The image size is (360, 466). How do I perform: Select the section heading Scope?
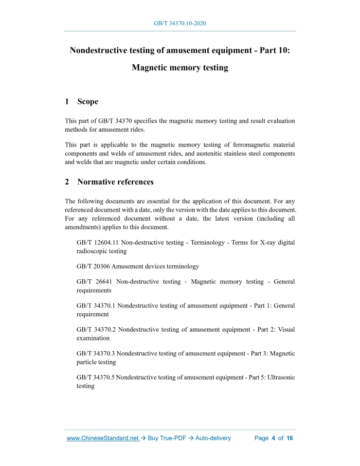click(x=87, y=102)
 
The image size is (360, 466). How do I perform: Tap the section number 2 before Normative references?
click(x=67, y=182)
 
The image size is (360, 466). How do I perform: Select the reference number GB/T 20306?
click(x=93, y=266)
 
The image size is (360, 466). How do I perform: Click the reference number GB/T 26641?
click(x=93, y=282)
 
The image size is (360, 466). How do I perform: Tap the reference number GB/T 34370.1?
click(x=96, y=306)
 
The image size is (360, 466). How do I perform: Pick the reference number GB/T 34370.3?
click(x=96, y=354)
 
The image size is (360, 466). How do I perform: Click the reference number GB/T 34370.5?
click(x=96, y=378)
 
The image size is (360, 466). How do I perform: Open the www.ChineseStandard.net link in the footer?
click(x=103, y=438)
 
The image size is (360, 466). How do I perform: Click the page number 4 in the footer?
click(x=274, y=438)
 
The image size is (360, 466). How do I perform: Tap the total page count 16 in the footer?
click(x=290, y=438)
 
